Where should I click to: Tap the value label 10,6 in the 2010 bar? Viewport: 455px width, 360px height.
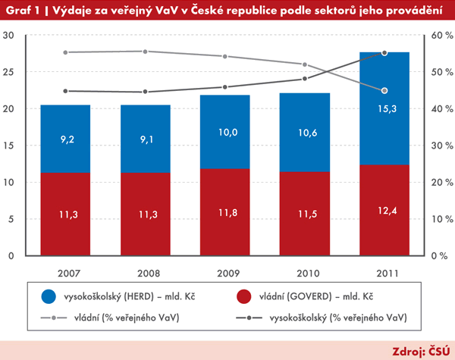tap(304, 134)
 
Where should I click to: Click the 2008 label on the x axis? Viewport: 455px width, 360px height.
tap(144, 272)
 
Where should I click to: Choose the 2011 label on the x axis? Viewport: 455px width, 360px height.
tap(384, 272)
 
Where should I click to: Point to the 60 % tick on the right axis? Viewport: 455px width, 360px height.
tap(441, 36)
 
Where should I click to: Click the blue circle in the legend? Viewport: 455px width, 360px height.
tap(49, 297)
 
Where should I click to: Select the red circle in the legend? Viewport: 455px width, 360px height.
tap(244, 297)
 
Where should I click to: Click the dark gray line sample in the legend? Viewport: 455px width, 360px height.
tap(244, 318)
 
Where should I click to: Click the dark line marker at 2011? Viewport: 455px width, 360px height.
tap(384, 53)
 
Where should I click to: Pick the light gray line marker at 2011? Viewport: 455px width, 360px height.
tap(384, 90)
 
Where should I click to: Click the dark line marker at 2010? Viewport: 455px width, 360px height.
tap(304, 79)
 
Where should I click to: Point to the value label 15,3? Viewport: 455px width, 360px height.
tap(384, 109)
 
